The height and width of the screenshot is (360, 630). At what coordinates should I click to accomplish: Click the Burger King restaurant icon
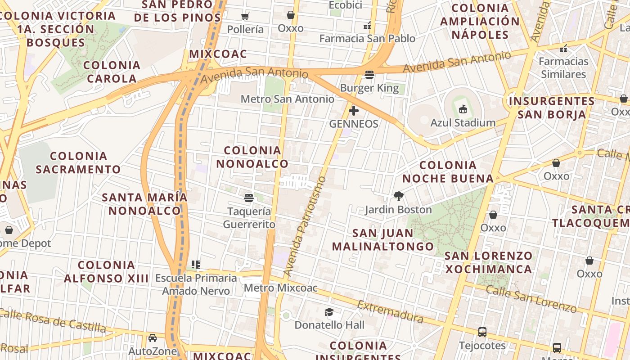[369, 74]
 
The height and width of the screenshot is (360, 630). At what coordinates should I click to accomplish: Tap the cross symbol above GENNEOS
[354, 110]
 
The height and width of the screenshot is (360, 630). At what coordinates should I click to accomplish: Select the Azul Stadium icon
[463, 109]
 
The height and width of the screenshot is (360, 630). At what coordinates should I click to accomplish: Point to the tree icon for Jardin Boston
[398, 196]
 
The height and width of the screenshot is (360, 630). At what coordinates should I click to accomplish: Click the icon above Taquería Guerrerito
[249, 198]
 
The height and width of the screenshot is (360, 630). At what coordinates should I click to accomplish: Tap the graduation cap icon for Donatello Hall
[329, 312]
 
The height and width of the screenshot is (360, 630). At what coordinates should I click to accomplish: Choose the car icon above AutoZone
[153, 338]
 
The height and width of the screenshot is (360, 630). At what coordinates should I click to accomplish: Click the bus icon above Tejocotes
[482, 332]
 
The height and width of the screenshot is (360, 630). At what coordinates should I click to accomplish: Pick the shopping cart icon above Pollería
[245, 17]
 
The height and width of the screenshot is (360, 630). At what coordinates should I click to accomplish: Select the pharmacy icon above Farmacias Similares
[563, 48]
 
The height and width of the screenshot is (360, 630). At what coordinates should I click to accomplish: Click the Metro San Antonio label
[288, 99]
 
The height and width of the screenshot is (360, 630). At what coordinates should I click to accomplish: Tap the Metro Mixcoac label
[281, 288]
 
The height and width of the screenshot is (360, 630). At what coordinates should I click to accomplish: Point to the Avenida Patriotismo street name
[305, 226]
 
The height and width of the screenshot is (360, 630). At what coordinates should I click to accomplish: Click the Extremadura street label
[390, 311]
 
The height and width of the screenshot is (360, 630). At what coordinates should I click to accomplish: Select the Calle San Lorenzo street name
[531, 299]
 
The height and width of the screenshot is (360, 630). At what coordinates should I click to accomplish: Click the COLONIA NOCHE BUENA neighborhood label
[448, 172]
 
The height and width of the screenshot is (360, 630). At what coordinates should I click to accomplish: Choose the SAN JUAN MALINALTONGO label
[383, 239]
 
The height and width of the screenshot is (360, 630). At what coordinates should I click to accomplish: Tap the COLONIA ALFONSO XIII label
[106, 271]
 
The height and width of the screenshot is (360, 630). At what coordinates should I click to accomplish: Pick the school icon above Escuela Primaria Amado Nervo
[196, 264]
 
